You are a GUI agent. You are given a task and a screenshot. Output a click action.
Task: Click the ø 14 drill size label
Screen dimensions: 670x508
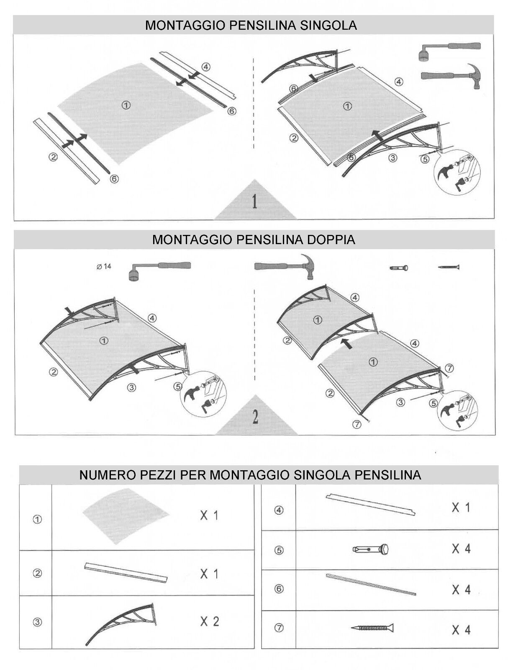[x=104, y=266]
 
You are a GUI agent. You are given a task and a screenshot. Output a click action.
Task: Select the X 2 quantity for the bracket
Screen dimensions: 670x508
[x=209, y=621]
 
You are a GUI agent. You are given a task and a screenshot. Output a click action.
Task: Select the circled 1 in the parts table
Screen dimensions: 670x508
[x=37, y=520]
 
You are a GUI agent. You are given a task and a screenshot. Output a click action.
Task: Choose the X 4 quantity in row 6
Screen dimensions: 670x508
[x=461, y=590]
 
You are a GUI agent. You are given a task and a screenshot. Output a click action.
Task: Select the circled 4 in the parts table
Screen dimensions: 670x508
[x=279, y=510]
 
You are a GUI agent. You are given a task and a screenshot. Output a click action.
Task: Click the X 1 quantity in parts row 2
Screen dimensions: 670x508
[x=209, y=574]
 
